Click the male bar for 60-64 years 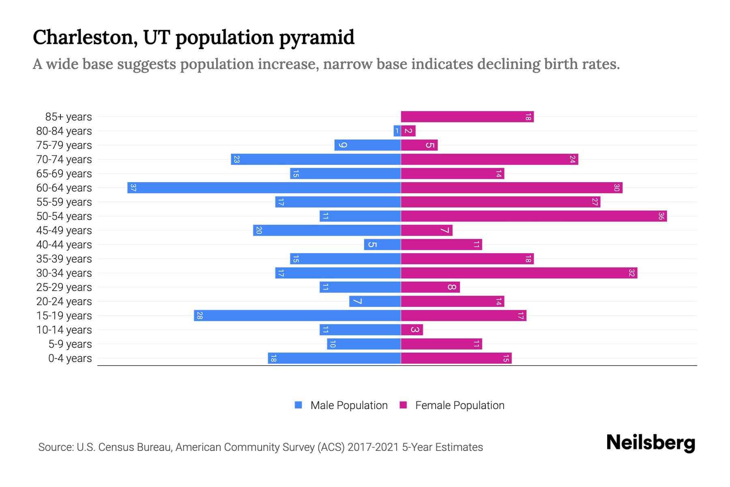264,188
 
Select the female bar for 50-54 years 534,216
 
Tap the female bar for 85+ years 467,117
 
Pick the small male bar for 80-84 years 397,131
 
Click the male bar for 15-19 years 297,316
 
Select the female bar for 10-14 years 412,330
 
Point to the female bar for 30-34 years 519,273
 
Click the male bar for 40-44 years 382,245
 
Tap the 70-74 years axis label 64,159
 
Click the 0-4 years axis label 70,358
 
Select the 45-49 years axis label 64,231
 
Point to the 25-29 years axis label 64,287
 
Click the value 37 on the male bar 133,188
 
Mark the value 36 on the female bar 661,216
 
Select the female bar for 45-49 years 427,231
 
